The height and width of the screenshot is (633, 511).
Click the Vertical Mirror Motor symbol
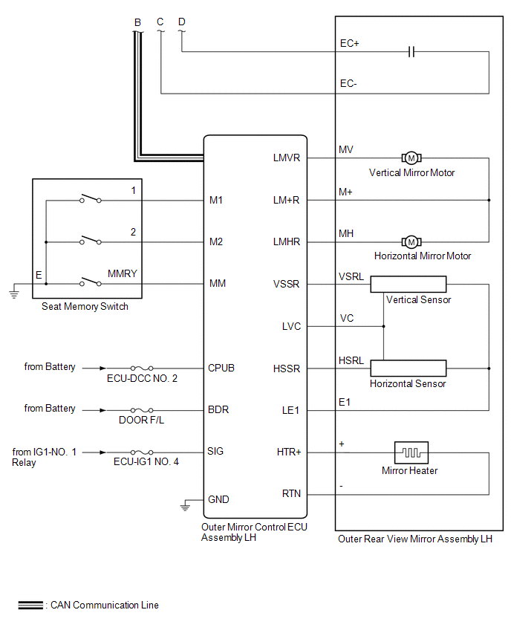point(411,158)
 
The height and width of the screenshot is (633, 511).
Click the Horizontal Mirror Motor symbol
point(411,241)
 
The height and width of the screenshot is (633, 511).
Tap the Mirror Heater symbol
point(411,452)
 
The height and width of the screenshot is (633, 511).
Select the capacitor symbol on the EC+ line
point(411,52)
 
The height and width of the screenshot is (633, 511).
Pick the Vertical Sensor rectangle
point(409,285)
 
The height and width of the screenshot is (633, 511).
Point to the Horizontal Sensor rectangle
point(409,369)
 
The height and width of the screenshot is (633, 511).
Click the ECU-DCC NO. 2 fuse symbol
point(142,369)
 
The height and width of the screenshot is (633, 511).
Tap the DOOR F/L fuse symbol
point(142,410)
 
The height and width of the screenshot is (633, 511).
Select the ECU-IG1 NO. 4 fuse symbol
point(142,452)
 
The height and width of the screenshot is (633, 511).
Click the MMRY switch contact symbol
point(91,282)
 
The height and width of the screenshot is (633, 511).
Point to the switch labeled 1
point(91,198)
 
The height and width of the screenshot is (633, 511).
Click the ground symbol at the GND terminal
point(185,506)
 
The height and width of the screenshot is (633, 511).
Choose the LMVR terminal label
point(287,158)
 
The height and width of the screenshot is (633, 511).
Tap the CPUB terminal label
point(221,369)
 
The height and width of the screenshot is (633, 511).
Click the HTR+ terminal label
point(289,452)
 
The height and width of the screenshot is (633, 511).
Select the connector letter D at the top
point(182,22)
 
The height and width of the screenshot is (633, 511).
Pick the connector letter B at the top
point(137,22)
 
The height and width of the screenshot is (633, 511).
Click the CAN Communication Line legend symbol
point(30,606)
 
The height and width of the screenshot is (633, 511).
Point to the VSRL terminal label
point(351,277)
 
